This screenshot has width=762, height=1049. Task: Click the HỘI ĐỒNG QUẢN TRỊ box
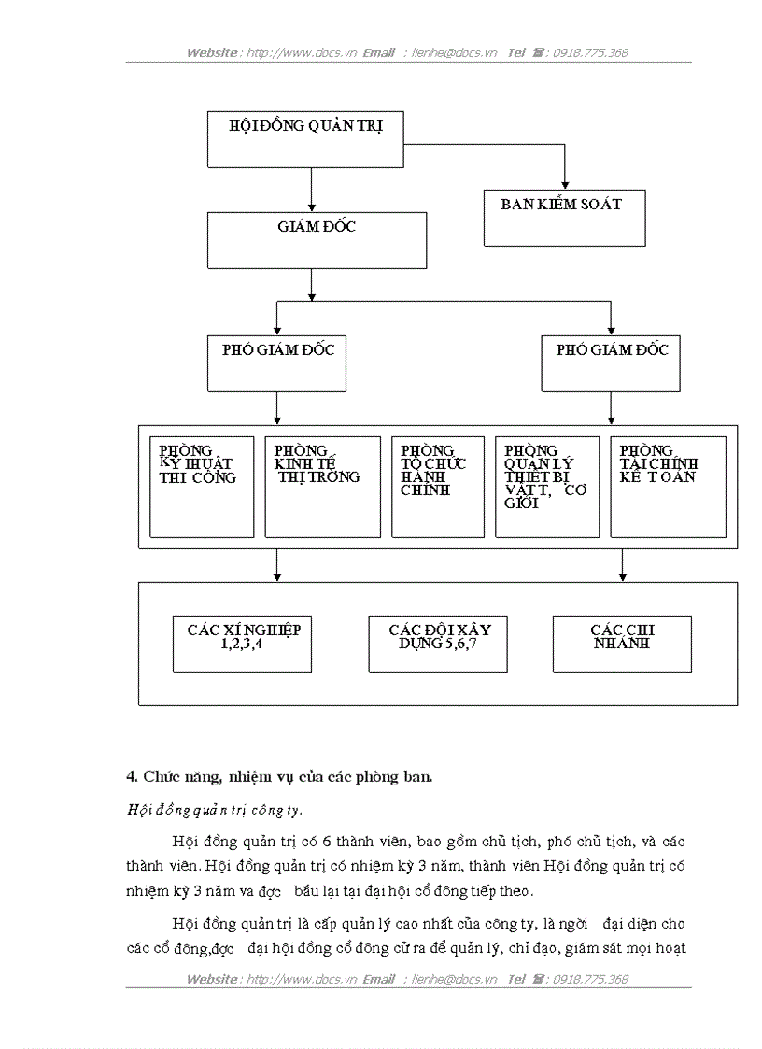[305, 140]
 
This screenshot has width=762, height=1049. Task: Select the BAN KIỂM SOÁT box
[564, 218]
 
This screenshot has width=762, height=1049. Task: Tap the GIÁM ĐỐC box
[317, 240]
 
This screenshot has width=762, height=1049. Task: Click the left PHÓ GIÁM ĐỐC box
[277, 363]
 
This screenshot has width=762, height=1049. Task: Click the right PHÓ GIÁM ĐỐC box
[612, 363]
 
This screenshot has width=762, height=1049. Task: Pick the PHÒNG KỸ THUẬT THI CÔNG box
[202, 487]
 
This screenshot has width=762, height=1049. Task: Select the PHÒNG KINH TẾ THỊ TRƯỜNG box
[322, 487]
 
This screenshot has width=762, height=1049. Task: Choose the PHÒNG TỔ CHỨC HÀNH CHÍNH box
[437, 487]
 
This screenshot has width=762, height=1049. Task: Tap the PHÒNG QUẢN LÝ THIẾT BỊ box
[546, 487]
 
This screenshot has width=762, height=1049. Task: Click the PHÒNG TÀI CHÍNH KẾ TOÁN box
[668, 487]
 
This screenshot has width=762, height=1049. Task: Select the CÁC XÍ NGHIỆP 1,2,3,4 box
[243, 644]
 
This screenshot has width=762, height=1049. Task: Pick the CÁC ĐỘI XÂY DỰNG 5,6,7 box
[438, 644]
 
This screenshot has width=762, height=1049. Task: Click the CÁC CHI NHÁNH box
[622, 644]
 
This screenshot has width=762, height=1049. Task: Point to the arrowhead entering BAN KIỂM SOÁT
[565, 184]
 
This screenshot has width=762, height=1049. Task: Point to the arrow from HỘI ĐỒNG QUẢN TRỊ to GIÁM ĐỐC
[311, 191]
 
